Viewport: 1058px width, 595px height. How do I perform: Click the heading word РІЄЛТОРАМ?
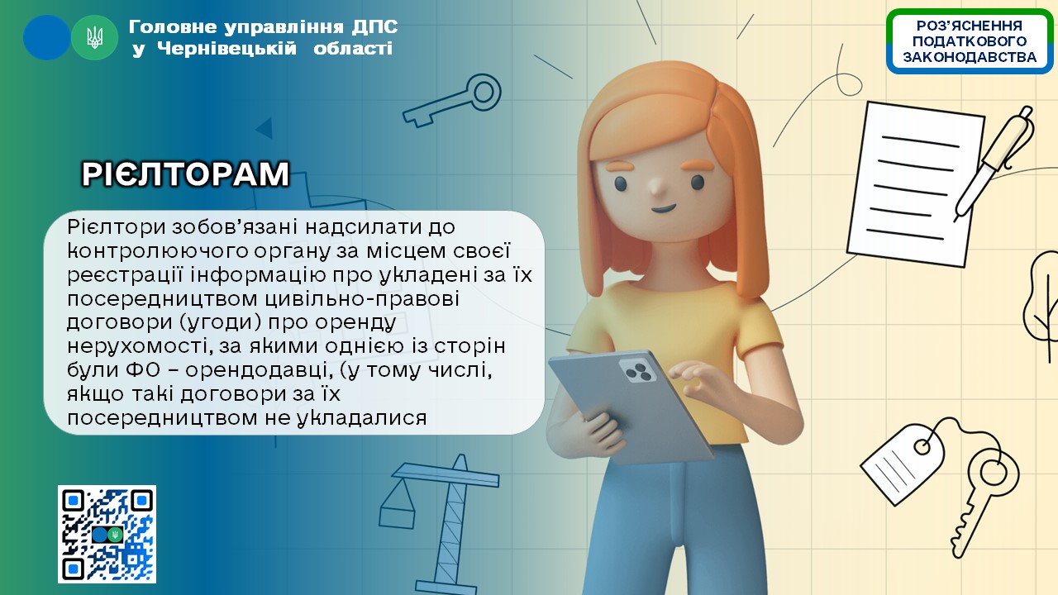(186, 174)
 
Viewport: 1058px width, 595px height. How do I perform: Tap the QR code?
(107, 534)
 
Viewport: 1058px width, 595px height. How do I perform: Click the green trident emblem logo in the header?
(94, 38)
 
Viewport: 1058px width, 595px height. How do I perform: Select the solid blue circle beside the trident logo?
(47, 38)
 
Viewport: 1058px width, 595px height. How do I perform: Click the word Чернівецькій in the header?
(226, 49)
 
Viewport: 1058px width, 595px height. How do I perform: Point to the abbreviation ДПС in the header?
(374, 27)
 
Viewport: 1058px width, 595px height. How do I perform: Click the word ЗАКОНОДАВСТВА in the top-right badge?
(970, 57)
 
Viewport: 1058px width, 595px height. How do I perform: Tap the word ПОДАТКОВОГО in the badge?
(970, 41)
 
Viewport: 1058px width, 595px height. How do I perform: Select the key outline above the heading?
(452, 100)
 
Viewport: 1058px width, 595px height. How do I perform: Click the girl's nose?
(656, 188)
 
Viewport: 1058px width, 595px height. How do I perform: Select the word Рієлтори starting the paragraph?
(117, 227)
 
